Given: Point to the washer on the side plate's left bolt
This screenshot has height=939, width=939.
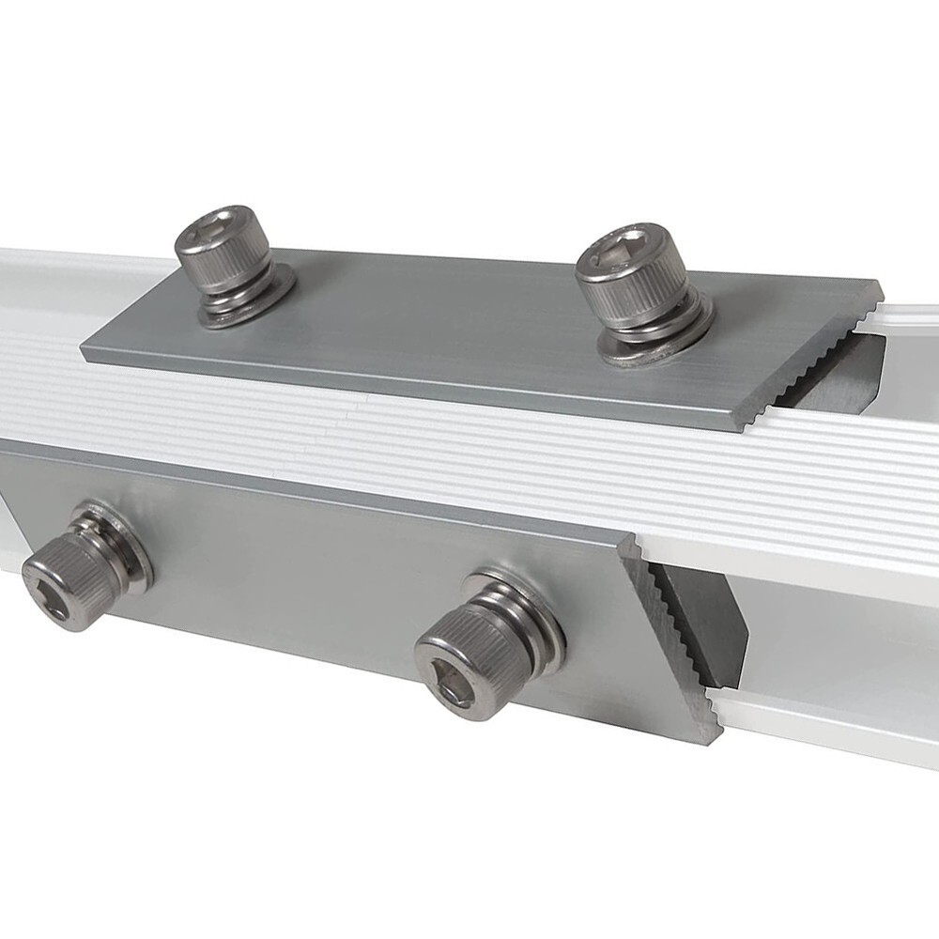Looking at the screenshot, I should (x=131, y=554).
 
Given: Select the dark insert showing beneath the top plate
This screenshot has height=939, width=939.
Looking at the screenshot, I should (x=845, y=376).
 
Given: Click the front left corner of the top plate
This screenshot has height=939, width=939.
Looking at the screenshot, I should (x=87, y=353).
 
